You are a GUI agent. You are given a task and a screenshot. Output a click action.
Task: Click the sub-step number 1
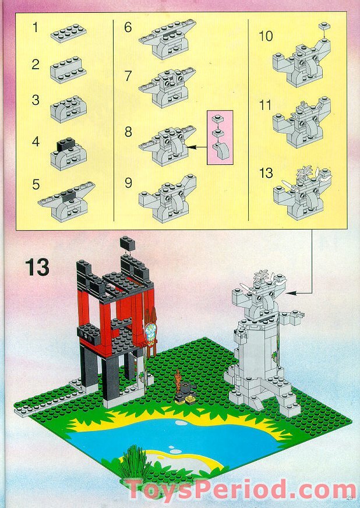click(36, 27)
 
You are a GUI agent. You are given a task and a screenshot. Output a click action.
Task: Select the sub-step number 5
click(36, 185)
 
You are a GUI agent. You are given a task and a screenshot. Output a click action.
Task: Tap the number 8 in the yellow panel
click(128, 132)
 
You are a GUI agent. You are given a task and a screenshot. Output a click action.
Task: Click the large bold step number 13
click(37, 268)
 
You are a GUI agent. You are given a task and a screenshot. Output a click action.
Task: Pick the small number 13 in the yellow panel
click(265, 174)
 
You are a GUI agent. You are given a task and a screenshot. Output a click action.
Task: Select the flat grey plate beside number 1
click(68, 33)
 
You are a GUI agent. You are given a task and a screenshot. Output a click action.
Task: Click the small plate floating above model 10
click(323, 26)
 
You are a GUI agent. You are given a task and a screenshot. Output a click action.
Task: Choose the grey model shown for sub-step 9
click(167, 200)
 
